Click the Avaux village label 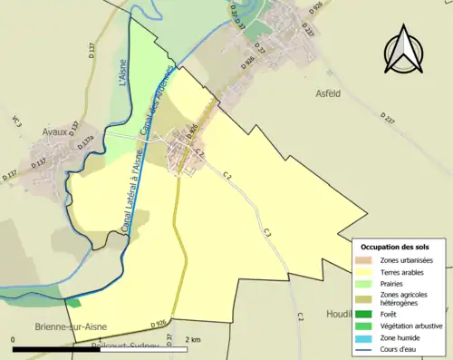tap(55, 131)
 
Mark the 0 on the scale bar tap(14, 339)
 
